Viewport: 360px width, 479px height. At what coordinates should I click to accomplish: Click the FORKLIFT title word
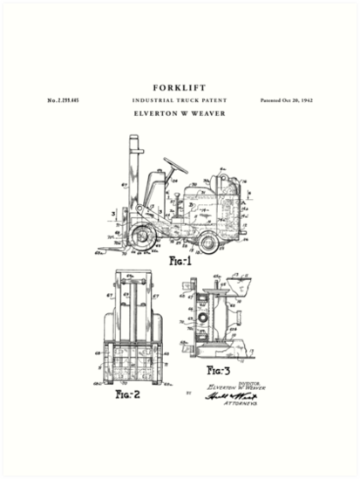coord(180,87)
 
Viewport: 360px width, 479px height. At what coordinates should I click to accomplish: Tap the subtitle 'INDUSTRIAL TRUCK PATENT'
coord(180,101)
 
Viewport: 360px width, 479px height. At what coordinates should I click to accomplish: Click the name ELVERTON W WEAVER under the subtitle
coord(180,113)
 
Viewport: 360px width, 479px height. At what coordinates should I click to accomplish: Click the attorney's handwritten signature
coord(226,396)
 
